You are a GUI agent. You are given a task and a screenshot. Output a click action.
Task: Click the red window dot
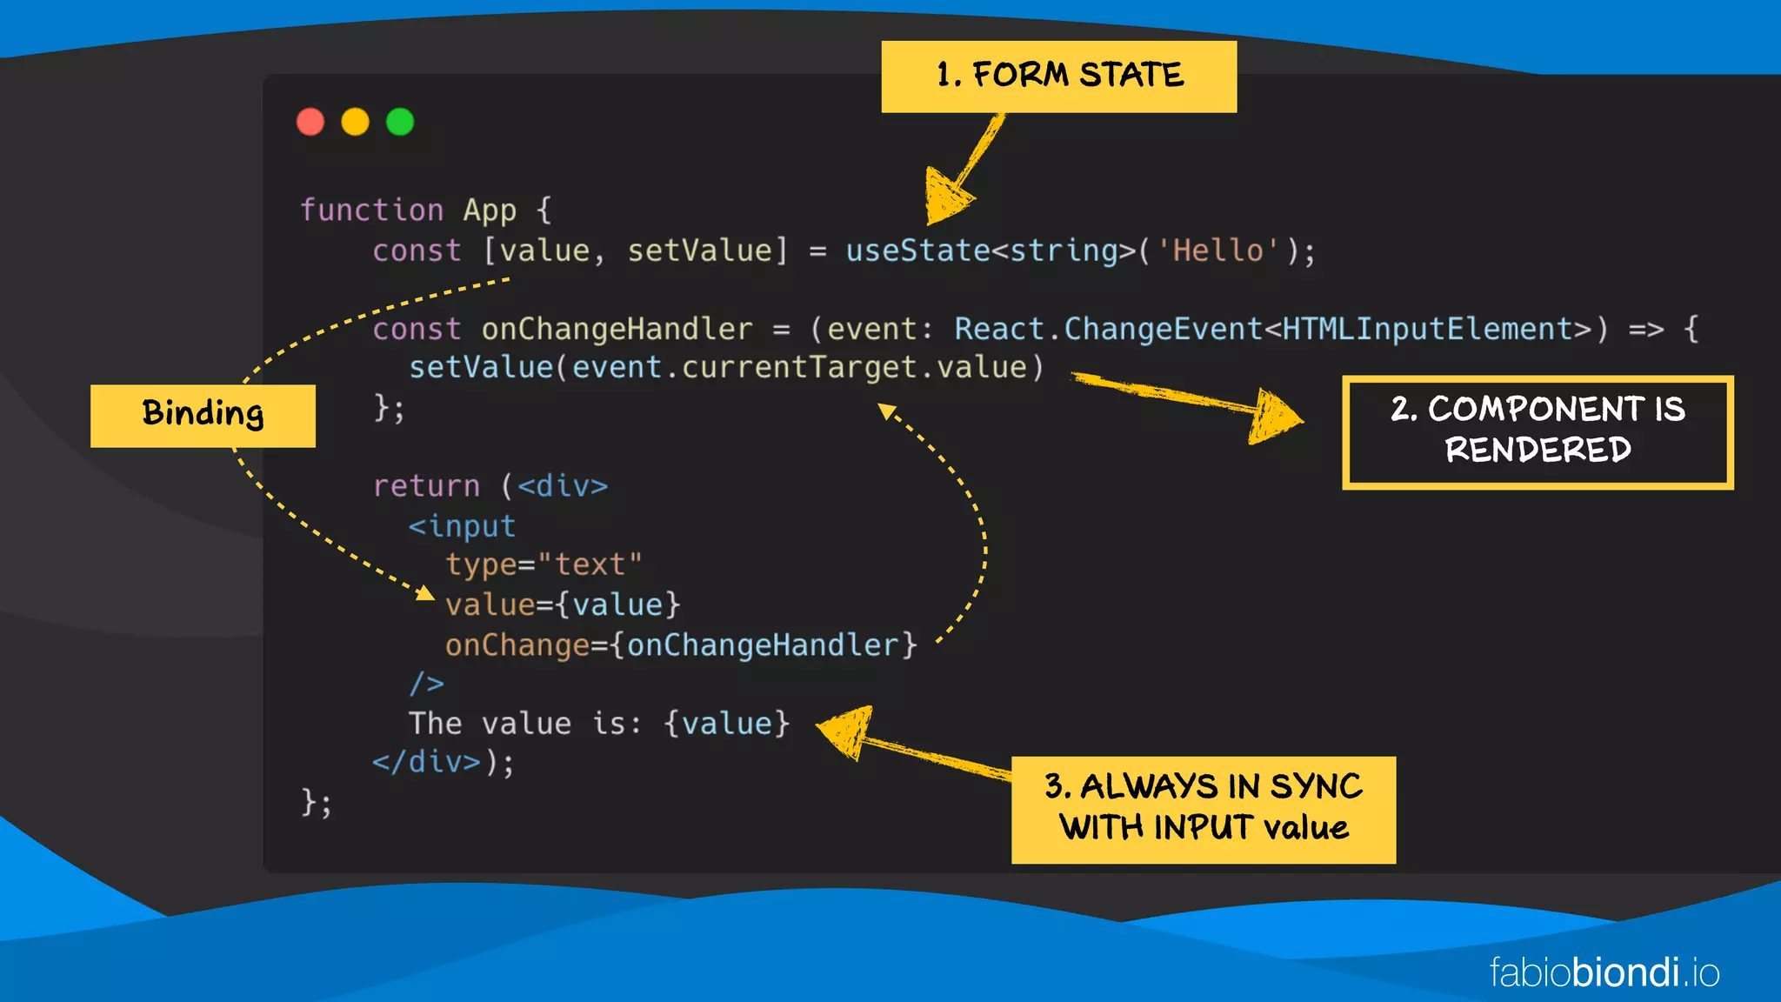click(310, 122)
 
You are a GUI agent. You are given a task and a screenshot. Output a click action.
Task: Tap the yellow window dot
click(355, 122)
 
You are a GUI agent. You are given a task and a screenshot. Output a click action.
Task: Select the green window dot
click(400, 122)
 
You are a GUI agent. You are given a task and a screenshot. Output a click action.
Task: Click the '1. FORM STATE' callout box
click(1058, 77)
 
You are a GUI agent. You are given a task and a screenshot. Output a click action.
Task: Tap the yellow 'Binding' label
click(203, 415)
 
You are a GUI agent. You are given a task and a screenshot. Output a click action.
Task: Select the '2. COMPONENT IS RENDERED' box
click(1537, 431)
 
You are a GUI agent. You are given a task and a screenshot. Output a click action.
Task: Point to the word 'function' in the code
click(371, 210)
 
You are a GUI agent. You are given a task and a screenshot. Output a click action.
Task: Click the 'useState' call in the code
click(917, 251)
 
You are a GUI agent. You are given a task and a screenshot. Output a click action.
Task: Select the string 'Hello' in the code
click(1217, 251)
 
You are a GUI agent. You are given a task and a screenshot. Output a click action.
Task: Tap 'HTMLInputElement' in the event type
click(1427, 330)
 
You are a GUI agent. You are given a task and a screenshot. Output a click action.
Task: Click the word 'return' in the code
click(426, 486)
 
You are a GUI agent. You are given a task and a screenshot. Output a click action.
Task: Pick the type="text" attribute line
click(544, 565)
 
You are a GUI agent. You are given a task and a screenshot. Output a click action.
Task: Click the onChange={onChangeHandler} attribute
click(681, 645)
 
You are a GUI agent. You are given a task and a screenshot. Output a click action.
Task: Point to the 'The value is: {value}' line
click(599, 724)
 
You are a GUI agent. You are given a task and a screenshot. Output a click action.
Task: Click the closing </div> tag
click(426, 763)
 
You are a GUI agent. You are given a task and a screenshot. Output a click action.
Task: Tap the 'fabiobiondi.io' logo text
click(1604, 972)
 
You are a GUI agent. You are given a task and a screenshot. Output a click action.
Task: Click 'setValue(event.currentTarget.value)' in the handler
click(726, 368)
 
